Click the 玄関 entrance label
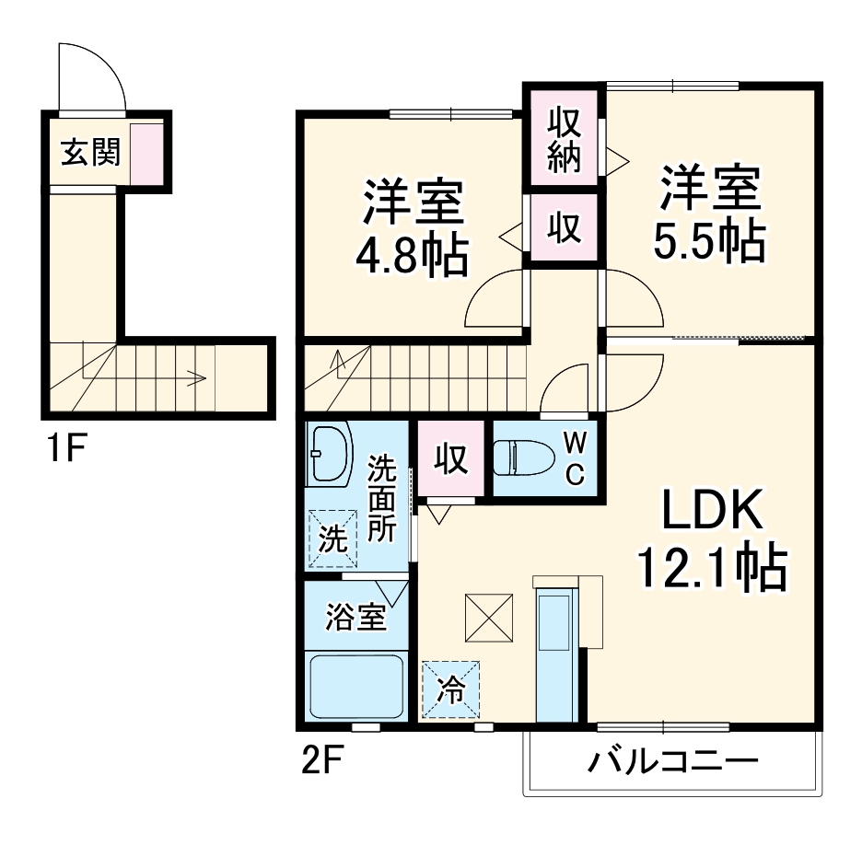[91, 152]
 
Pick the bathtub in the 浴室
[355, 686]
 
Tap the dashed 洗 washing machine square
[331, 536]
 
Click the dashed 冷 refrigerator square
[451, 689]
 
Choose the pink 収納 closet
[565, 141]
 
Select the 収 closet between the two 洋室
[564, 227]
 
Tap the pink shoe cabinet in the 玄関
[146, 152]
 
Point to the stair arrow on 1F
[193, 376]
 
